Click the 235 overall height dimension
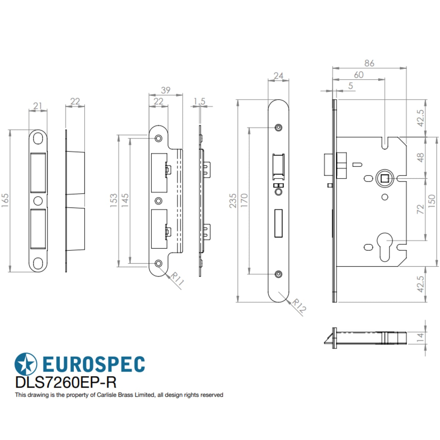(233, 201)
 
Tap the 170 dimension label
(244, 200)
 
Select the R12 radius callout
(299, 306)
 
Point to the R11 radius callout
(177, 279)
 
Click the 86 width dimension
(369, 63)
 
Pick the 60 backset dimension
(359, 75)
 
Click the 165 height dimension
(5, 201)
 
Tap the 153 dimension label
(113, 201)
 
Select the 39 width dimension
(165, 90)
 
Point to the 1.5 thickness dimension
(199, 101)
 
